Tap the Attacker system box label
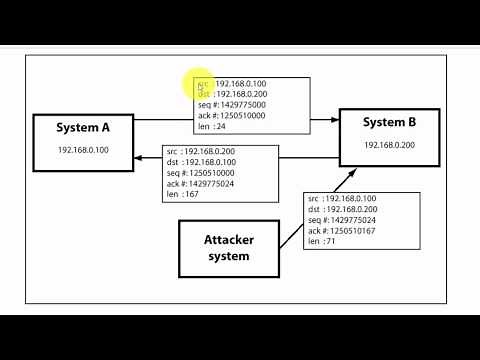pyautogui.click(x=229, y=248)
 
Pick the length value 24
pyautogui.click(x=222, y=126)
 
